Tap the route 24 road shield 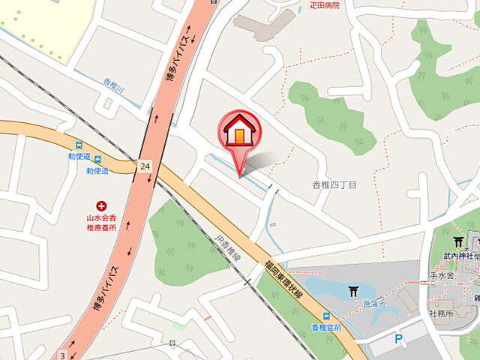pyautogui.click(x=143, y=166)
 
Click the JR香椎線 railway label pyautogui.click(x=230, y=252)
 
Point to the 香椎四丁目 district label pyautogui.click(x=334, y=184)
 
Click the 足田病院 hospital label pyautogui.click(x=325, y=4)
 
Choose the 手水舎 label pyautogui.click(x=442, y=275)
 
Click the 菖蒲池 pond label pyautogui.click(x=375, y=304)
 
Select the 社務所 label pyautogui.click(x=441, y=313)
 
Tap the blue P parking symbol pyautogui.click(x=398, y=339)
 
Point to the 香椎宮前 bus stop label pyautogui.click(x=326, y=328)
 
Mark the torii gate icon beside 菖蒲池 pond pyautogui.click(x=353, y=291)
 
